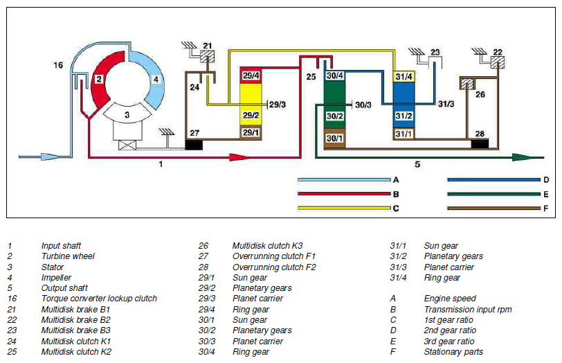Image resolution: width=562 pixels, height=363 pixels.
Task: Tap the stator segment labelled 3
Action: [127, 114]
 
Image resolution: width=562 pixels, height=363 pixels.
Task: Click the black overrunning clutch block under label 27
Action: [194, 145]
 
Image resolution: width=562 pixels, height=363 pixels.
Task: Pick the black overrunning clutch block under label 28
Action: [480, 144]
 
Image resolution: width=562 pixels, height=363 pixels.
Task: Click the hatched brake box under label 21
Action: [207, 56]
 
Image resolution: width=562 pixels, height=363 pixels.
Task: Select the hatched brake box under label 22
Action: [498, 62]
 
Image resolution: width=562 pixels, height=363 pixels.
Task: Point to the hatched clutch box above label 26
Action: [467, 84]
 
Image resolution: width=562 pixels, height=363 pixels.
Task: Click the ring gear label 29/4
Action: [251, 76]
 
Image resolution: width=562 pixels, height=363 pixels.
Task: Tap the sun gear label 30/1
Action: [334, 138]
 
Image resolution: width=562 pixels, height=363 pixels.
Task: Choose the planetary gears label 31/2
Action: [404, 116]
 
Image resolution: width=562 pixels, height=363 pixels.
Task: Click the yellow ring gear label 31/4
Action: [404, 77]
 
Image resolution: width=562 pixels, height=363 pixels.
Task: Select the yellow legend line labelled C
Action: [344, 208]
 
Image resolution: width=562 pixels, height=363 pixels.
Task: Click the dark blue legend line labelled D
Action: [493, 179]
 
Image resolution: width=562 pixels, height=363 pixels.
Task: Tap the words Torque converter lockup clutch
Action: [99, 299]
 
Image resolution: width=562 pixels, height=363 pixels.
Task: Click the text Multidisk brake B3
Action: [75, 330]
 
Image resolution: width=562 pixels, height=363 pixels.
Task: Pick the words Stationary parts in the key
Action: [453, 352]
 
